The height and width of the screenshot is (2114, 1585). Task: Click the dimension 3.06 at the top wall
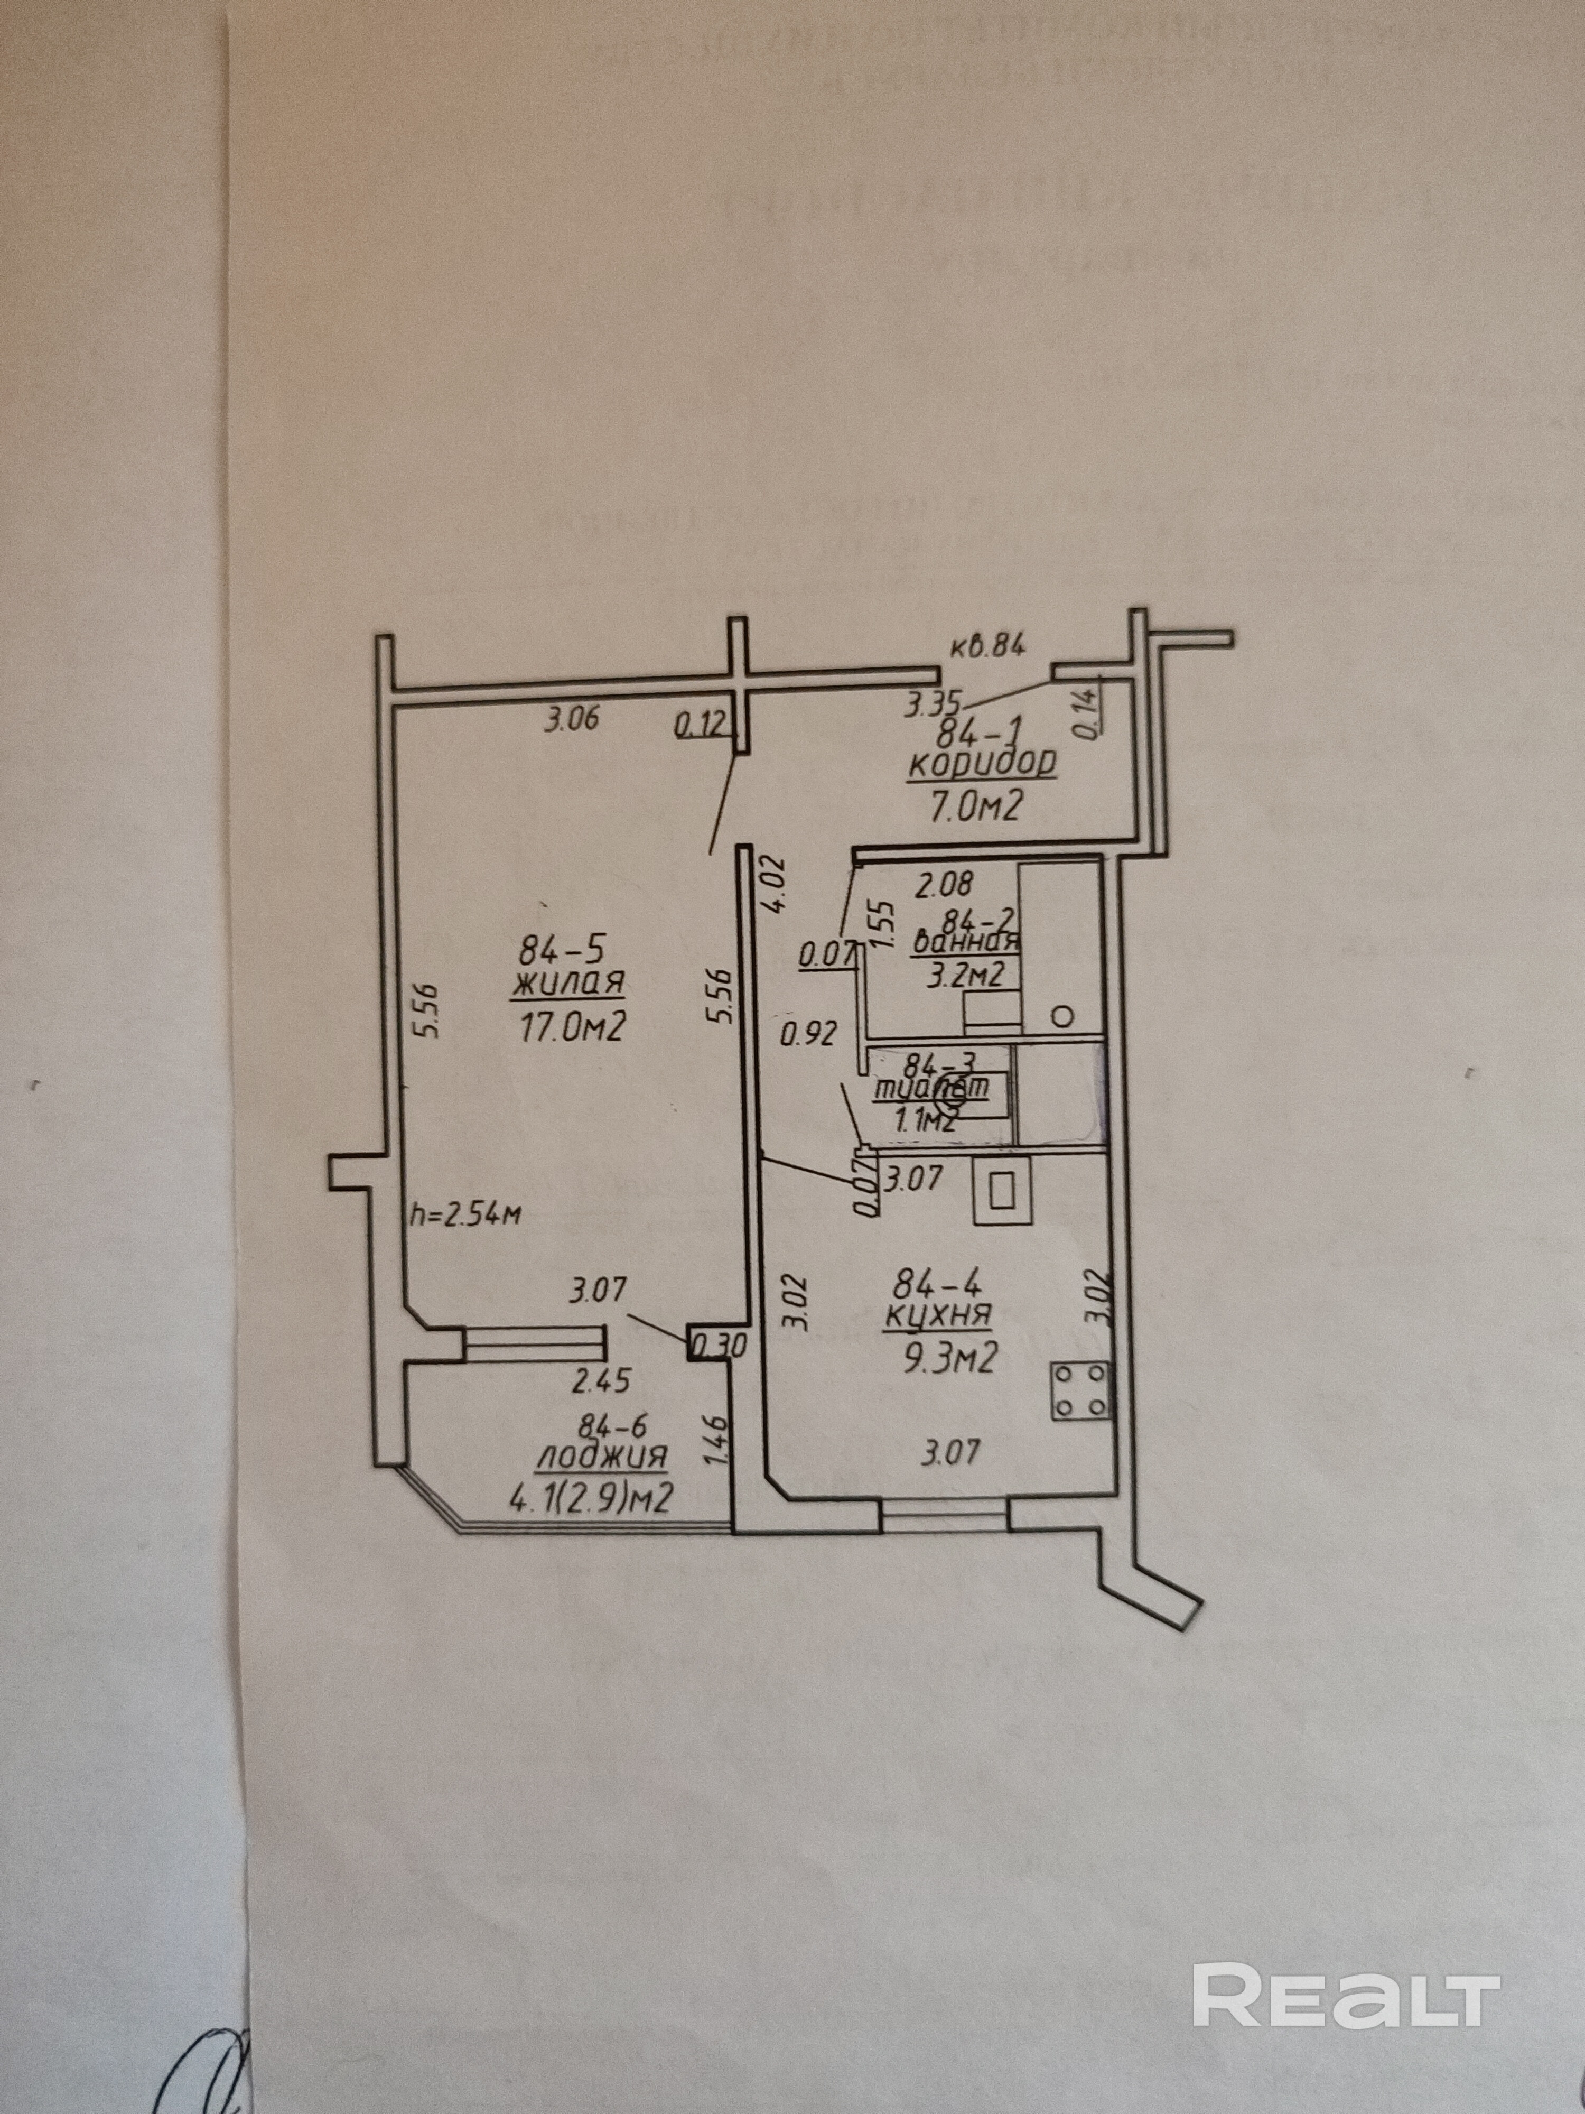pos(571,719)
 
